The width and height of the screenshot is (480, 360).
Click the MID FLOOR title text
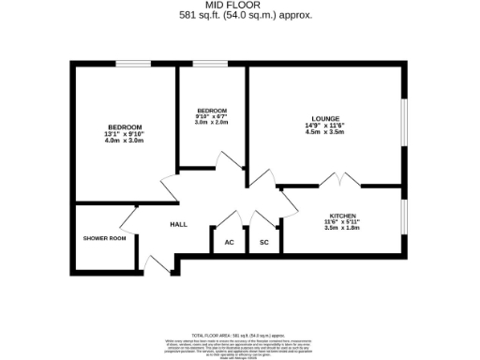pyautogui.click(x=240, y=6)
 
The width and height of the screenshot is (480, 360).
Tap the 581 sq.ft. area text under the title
pyautogui.click(x=240, y=15)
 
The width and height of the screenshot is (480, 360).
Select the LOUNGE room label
pyautogui.click(x=326, y=118)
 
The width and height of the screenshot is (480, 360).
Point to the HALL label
pyautogui.click(x=178, y=225)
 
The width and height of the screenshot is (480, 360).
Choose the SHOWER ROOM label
pyautogui.click(x=104, y=238)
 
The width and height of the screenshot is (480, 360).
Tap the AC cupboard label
pyautogui.click(x=229, y=242)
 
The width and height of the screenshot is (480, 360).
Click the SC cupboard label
pyautogui.click(x=264, y=242)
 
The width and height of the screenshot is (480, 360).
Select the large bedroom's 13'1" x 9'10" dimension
pyautogui.click(x=125, y=134)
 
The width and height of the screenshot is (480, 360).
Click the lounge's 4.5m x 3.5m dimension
pyautogui.click(x=326, y=133)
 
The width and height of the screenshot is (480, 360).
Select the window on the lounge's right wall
pyautogui.click(x=405, y=122)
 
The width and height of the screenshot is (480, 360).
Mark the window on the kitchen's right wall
pyautogui.click(x=405, y=221)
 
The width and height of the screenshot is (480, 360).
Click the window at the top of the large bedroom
pyautogui.click(x=127, y=64)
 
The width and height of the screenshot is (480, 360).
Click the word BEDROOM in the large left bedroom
pyautogui.click(x=125, y=127)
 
